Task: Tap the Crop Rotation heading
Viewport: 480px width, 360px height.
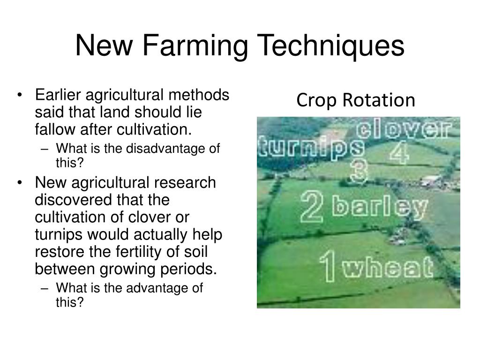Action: coord(356,100)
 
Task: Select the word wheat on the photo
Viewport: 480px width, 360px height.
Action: coord(387,268)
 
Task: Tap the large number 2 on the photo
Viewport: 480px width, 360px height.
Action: coord(312,208)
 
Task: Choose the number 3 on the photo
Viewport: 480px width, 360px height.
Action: coord(358,172)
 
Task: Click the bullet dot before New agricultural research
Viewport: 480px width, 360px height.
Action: coord(19,182)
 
